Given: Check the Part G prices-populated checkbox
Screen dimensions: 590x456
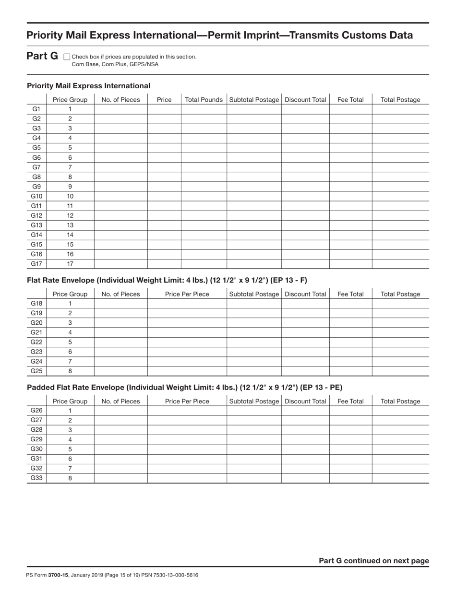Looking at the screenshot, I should tap(67, 57).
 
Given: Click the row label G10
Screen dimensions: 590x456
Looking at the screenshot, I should tap(36, 196).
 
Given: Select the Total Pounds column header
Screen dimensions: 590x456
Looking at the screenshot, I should tap(204, 100).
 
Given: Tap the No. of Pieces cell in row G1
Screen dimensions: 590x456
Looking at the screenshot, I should tap(120, 109).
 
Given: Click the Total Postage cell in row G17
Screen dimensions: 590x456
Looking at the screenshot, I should tap(400, 264).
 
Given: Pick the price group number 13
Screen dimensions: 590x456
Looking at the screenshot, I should tap(70, 225).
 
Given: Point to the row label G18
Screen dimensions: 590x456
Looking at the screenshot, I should tap(36, 303).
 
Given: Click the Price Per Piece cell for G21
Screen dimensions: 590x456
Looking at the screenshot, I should tap(187, 332).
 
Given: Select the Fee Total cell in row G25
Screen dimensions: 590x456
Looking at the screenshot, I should tap(350, 371).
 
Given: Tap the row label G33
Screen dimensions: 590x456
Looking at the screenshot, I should tap(36, 478).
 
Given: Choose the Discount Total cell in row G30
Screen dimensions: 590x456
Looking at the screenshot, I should tap(305, 449).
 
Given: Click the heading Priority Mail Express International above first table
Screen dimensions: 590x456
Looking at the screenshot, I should tap(88, 86).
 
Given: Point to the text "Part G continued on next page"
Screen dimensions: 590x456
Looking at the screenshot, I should tap(373, 561).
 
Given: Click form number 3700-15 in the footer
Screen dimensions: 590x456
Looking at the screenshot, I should tap(58, 575).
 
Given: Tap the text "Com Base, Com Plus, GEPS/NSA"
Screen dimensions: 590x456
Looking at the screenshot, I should tap(115, 64).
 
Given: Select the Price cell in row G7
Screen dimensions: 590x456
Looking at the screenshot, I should tap(164, 167).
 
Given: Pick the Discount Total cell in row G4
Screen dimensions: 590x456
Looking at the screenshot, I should tap(305, 138).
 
